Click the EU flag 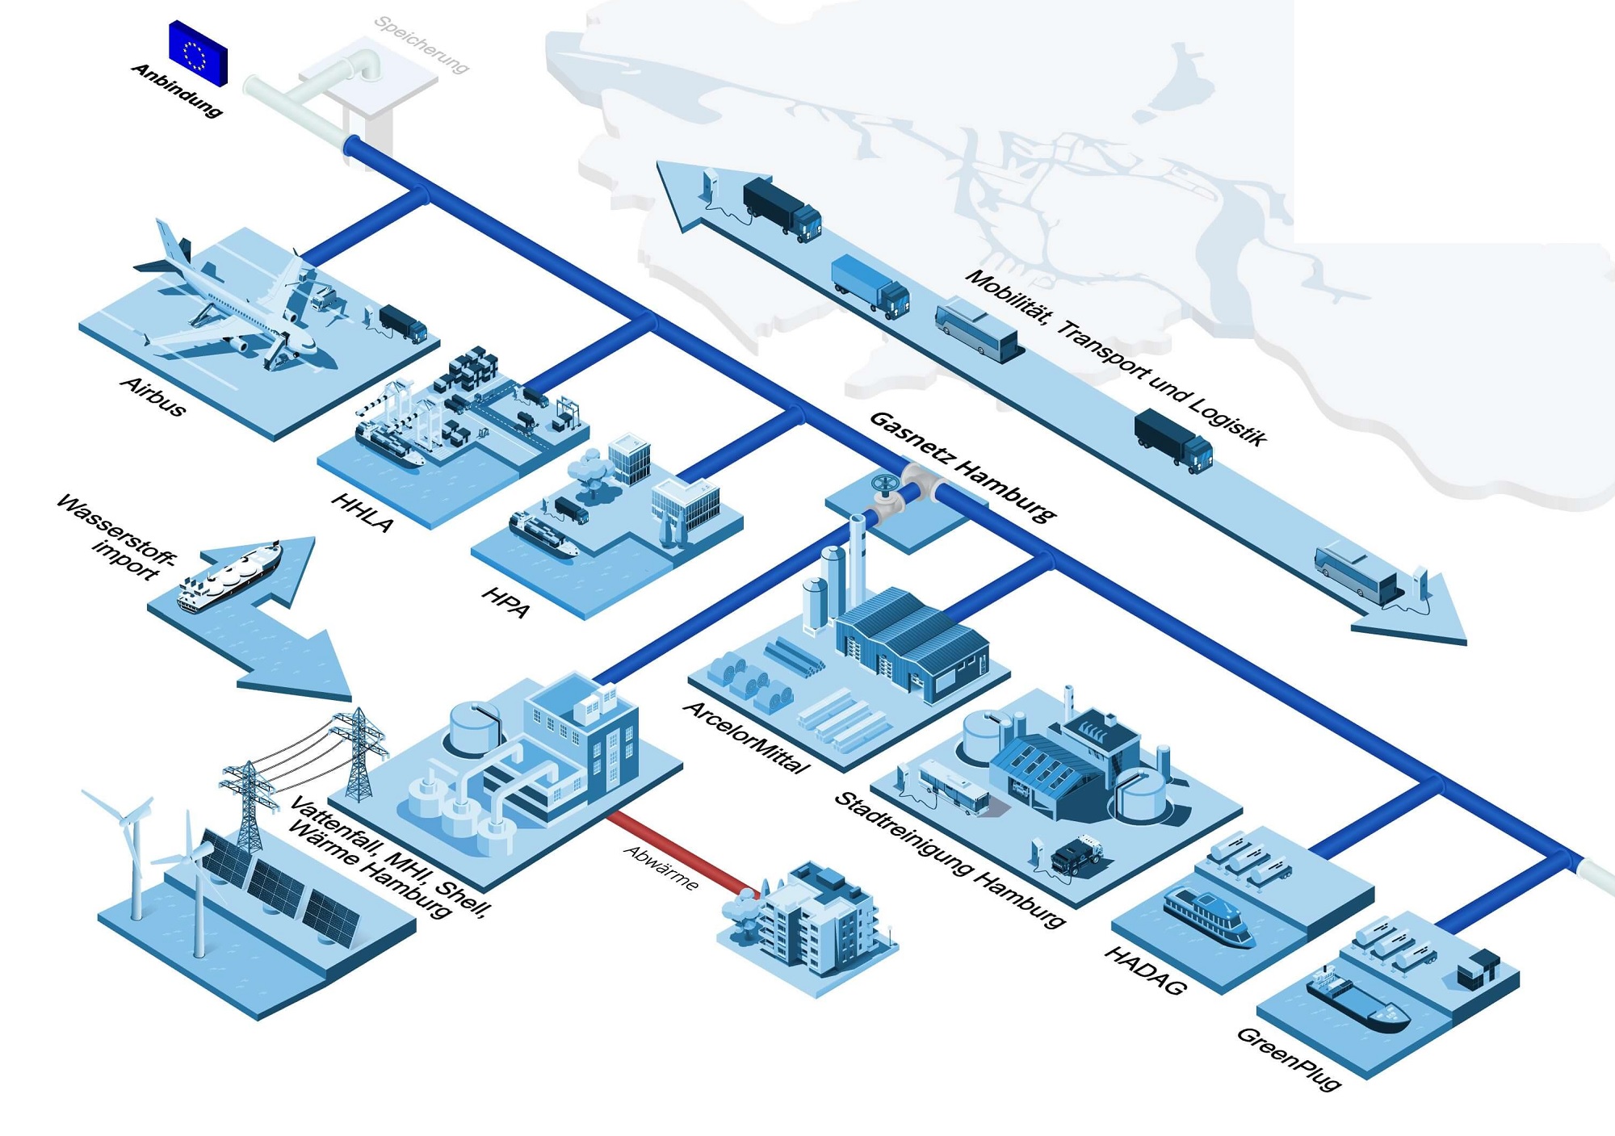[x=198, y=53]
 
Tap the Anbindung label [x=177, y=90]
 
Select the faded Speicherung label [x=422, y=44]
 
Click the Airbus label [x=153, y=396]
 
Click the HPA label [x=505, y=602]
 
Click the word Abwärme [x=661, y=868]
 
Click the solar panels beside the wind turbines [x=279, y=888]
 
